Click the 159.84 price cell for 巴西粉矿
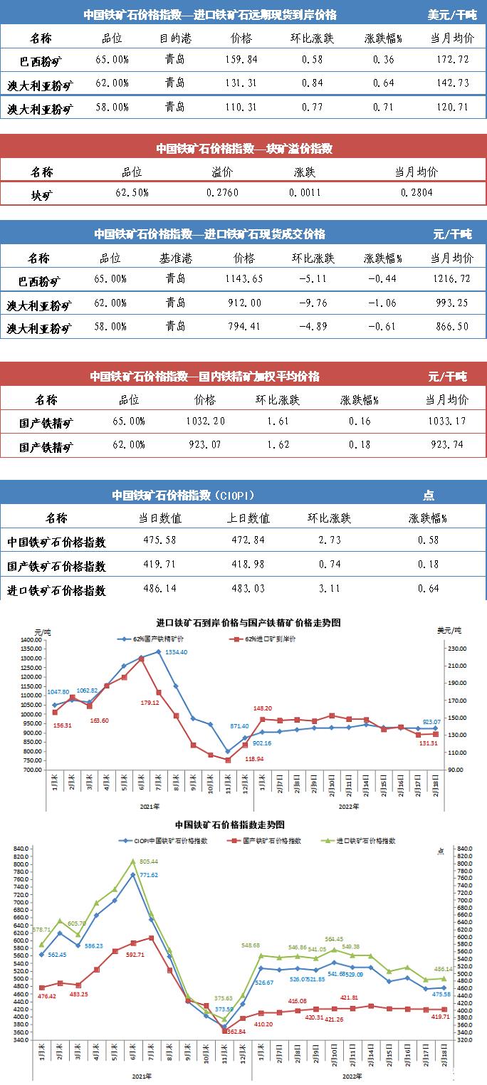coord(242,59)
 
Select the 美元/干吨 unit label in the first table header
coord(452,14)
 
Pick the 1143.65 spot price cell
coord(243,279)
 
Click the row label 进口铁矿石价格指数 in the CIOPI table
coord(57,590)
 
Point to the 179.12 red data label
coord(150,703)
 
